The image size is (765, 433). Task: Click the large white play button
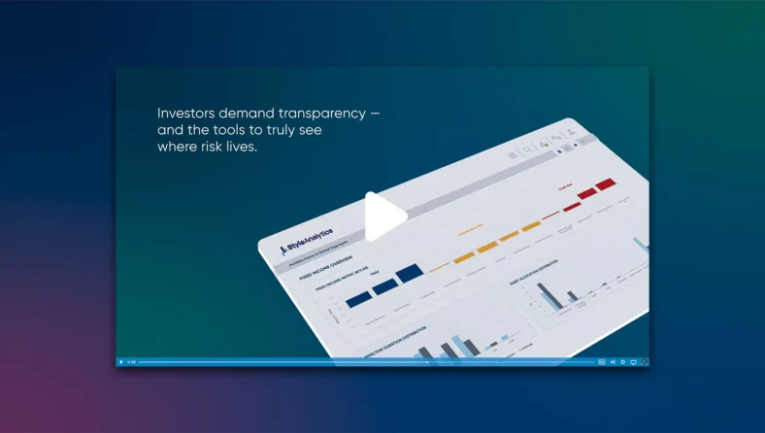384,217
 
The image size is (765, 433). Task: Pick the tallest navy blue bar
409,272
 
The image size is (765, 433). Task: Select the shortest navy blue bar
359,299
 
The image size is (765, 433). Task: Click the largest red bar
606,183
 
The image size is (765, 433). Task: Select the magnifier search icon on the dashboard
527,150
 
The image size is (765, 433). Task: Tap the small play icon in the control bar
121,362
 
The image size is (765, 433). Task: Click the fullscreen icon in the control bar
644,362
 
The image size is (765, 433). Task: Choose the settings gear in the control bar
622,362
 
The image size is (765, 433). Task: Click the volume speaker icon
613,362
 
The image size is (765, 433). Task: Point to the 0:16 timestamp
131,362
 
